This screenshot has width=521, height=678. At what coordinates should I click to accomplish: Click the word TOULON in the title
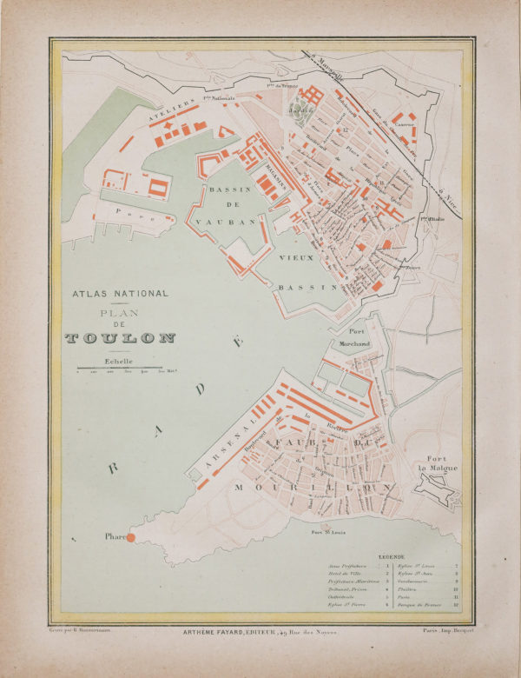tap(120, 338)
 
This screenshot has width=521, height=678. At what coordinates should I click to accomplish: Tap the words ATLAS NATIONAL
tap(120, 294)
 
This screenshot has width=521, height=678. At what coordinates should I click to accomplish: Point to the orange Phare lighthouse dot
tap(131, 539)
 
